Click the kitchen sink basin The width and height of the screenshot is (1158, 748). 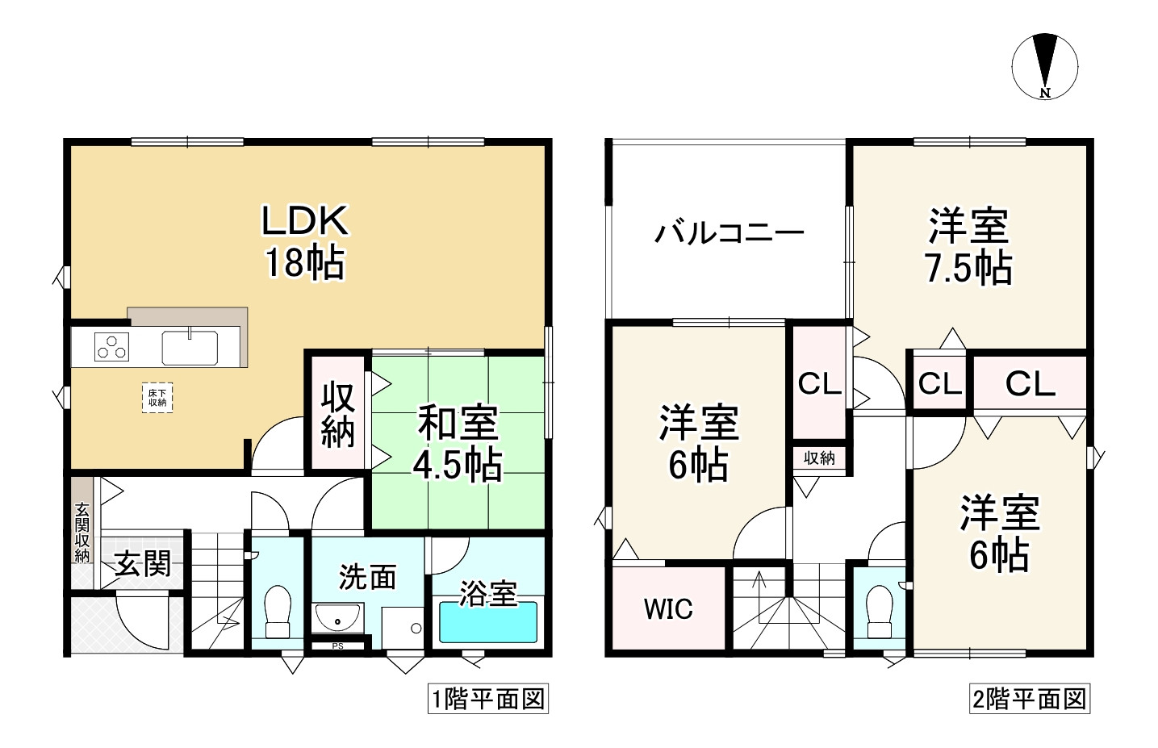[x=190, y=348]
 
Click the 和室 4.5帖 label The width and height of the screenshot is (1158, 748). [x=458, y=444]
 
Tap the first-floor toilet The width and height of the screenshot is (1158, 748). [x=277, y=612]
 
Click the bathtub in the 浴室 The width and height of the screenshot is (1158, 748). [x=488, y=622]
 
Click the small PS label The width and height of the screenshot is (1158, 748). [x=337, y=646]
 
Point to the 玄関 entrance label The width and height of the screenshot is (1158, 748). [x=143, y=564]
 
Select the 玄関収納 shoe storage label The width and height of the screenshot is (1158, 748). [x=82, y=533]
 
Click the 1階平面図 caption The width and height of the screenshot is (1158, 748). [x=487, y=699]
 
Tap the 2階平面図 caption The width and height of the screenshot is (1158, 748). [x=1028, y=699]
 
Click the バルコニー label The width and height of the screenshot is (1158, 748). [x=729, y=234]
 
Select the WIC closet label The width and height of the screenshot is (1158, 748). [x=668, y=608]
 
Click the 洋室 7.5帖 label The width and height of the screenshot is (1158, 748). [x=968, y=247]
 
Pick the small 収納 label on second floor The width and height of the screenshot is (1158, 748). [x=819, y=458]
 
